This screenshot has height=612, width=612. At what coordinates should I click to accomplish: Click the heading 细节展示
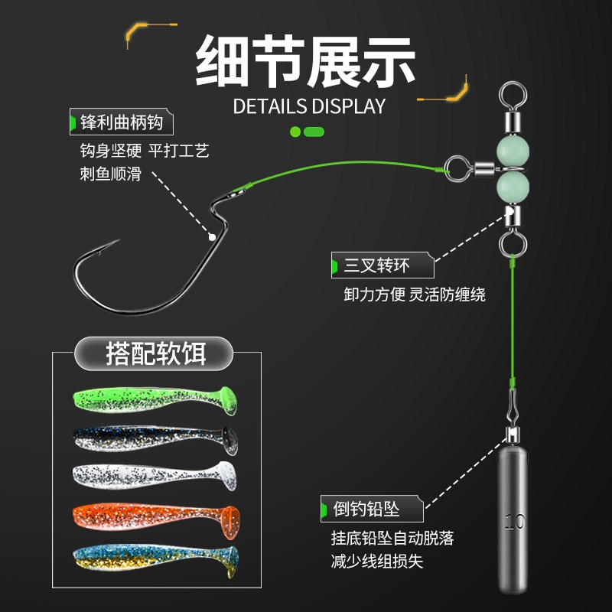(x=306, y=60)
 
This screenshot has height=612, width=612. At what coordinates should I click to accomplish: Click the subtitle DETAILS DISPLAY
(x=309, y=106)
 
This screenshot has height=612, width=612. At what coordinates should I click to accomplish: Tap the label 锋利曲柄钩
(x=122, y=122)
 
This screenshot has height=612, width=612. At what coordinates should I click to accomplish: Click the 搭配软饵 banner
(x=155, y=354)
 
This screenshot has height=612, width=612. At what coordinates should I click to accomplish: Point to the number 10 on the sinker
(x=514, y=523)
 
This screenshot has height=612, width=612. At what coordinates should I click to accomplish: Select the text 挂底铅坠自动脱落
(x=394, y=539)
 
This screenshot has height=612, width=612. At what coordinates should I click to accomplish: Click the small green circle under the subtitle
(x=295, y=132)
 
